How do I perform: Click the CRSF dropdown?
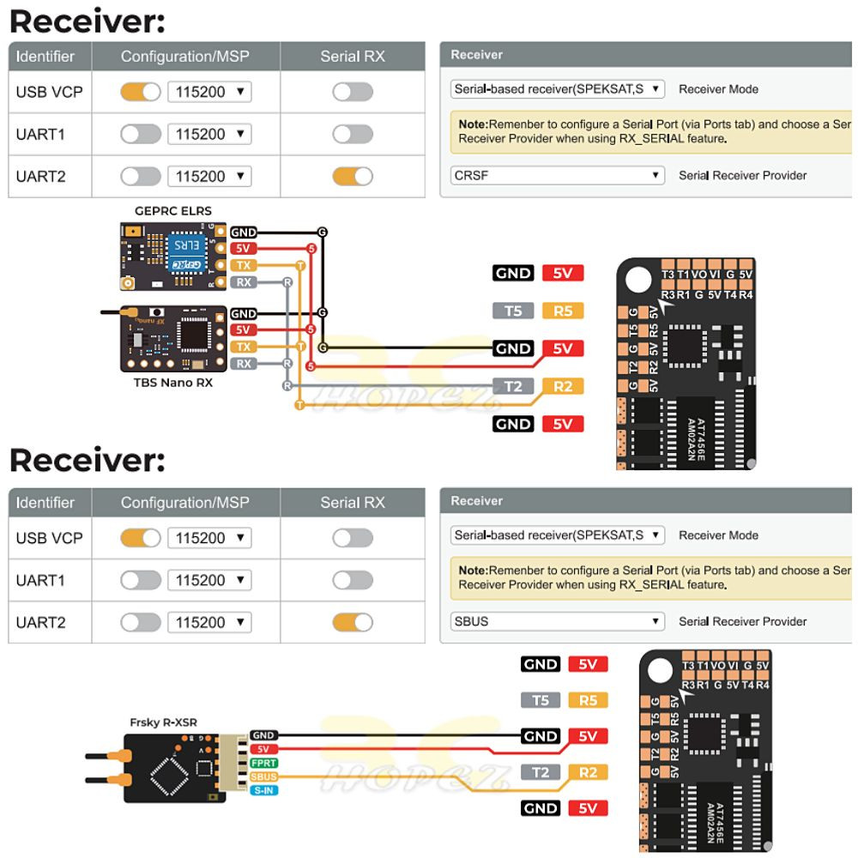(558, 176)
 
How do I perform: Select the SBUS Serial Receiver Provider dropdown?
(558, 621)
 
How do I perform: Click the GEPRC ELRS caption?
(173, 211)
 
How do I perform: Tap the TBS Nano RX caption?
(173, 383)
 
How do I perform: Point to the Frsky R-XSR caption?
(163, 722)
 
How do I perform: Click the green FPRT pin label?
(263, 763)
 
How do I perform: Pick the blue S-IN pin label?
(263, 789)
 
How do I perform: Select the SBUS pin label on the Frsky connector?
(263, 776)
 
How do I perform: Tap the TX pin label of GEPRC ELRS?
(244, 265)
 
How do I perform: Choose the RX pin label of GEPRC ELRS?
(244, 281)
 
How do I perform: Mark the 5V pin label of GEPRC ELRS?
(244, 249)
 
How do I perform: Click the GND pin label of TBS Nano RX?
(244, 314)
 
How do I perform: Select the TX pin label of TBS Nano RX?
(244, 347)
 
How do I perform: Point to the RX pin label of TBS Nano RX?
(244, 363)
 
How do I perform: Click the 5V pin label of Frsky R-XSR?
(263, 749)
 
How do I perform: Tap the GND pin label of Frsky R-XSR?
(263, 735)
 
